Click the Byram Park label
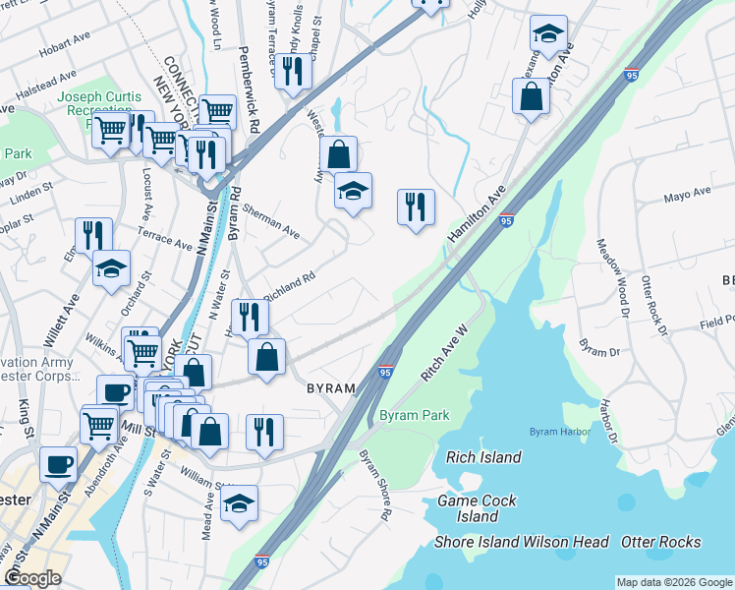pyautogui.click(x=415, y=416)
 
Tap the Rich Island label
pyautogui.click(x=483, y=457)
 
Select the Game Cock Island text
pyautogui.click(x=479, y=508)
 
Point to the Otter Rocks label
pyautogui.click(x=660, y=542)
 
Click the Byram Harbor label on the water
pyautogui.click(x=558, y=432)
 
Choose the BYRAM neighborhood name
pyautogui.click(x=330, y=388)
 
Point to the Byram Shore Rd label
pyautogui.click(x=375, y=486)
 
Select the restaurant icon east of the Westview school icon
pyautogui.click(x=416, y=206)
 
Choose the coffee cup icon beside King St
pyautogui.click(x=58, y=463)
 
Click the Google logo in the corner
pyautogui.click(x=32, y=578)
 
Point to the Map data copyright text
pyautogui.click(x=673, y=582)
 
